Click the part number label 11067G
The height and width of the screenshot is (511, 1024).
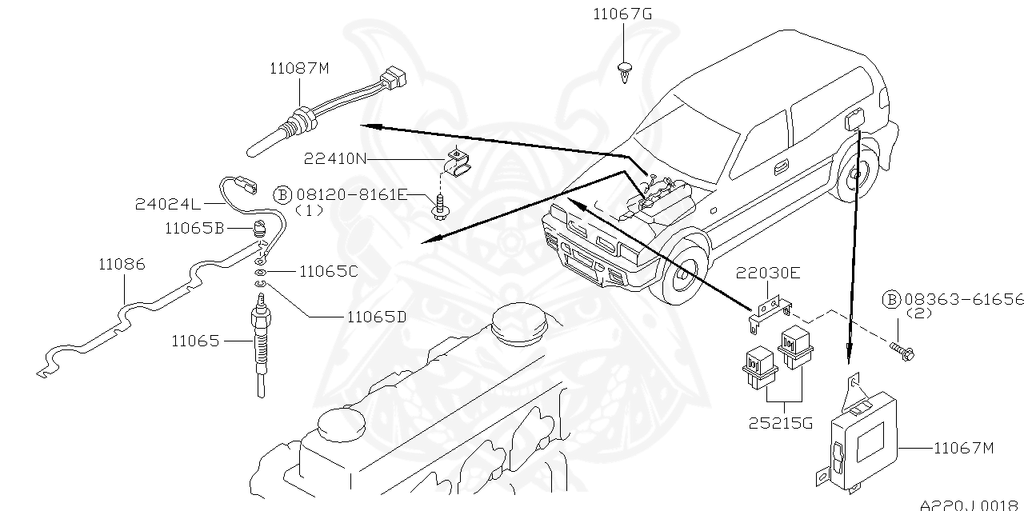pos(622,14)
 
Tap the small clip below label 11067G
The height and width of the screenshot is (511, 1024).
pos(624,71)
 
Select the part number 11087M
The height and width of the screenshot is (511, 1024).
pos(299,69)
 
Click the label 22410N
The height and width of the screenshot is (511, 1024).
pos(334,159)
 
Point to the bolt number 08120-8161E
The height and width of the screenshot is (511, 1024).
pos(352,194)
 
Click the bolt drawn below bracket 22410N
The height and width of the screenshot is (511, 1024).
pos(439,209)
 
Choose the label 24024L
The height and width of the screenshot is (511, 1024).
pos(166,205)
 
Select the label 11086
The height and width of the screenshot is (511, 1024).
pos(122,264)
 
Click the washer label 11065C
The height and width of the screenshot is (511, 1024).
pos(328,271)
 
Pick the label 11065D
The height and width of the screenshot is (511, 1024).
pos(376,317)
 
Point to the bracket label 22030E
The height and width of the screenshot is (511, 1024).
pos(768,273)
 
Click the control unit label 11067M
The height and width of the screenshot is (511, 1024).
pos(963,449)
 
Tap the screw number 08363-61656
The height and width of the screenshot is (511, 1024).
pos(964,299)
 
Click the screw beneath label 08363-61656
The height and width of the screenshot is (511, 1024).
pos(903,349)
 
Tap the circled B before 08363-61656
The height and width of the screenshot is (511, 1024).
pos(891,300)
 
